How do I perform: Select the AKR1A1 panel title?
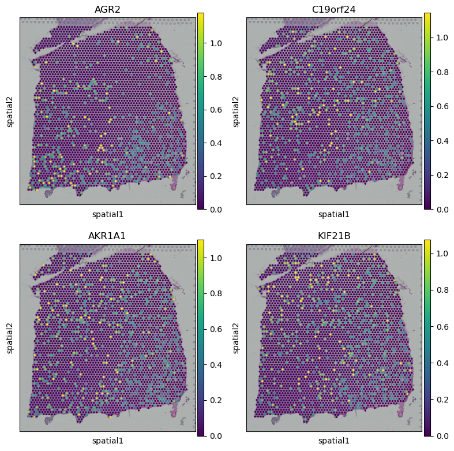click(x=107, y=235)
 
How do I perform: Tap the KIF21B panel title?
click(x=334, y=235)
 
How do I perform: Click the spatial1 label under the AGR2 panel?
click(x=107, y=214)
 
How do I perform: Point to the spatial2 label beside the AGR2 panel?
click(x=10, y=111)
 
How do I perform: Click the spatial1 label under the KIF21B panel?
click(x=334, y=441)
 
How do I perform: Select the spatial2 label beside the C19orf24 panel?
click(x=237, y=111)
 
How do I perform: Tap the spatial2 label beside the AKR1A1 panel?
click(x=10, y=338)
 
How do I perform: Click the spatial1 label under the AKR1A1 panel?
click(x=107, y=441)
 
